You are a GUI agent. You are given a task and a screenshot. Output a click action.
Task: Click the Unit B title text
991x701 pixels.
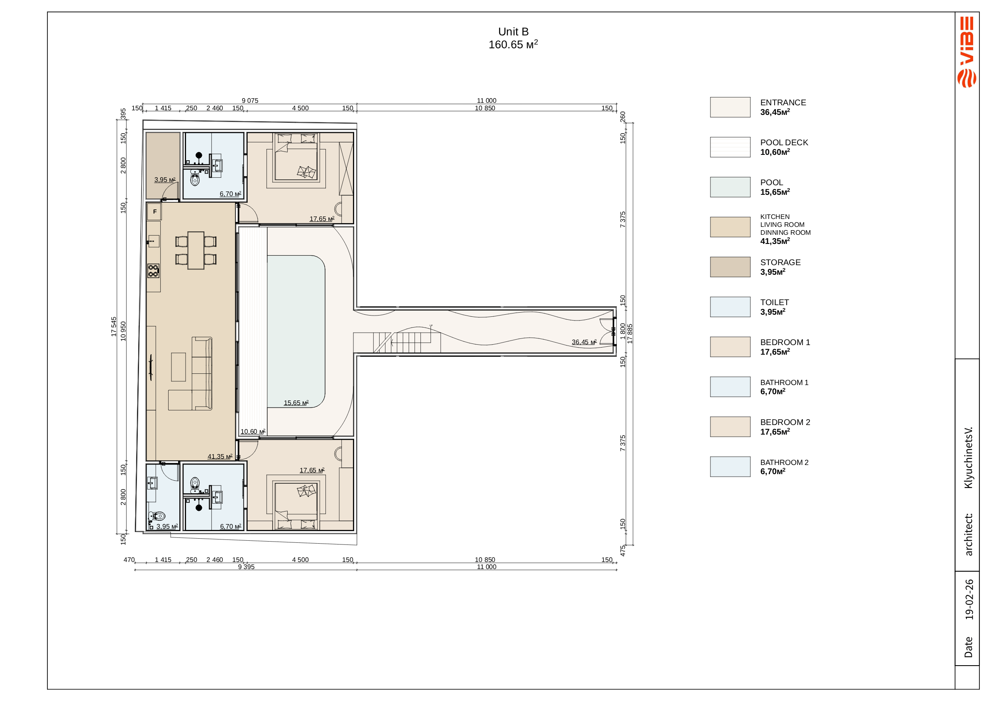[513, 32]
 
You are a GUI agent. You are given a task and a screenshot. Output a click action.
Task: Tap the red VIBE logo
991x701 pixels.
[967, 52]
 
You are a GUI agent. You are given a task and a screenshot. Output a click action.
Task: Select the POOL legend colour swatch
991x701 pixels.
[730, 187]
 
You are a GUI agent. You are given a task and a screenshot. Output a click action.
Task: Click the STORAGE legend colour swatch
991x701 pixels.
[730, 267]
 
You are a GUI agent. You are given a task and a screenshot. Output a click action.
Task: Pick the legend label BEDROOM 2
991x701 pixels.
[785, 422]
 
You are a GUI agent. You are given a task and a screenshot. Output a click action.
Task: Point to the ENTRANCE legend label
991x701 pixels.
[783, 102]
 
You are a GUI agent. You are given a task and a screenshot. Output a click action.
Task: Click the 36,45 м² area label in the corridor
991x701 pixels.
[584, 342]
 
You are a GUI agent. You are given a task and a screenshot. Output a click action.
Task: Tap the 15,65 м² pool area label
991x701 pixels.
[296, 403]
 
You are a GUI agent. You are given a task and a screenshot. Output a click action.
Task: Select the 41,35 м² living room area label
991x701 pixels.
[220, 456]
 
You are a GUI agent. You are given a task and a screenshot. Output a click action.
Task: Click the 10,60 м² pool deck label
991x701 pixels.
[253, 431]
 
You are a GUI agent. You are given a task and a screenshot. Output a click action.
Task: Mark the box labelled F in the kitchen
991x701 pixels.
[154, 211]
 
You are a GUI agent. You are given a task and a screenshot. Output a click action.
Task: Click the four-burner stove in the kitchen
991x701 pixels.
[153, 271]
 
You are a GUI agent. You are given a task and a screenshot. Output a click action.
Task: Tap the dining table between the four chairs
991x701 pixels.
[196, 250]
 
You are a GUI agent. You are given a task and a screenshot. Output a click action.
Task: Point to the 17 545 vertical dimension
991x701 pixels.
[114, 327]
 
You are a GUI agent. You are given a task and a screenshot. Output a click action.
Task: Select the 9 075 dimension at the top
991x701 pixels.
[250, 101]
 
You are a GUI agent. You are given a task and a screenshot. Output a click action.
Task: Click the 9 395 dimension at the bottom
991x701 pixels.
[246, 567]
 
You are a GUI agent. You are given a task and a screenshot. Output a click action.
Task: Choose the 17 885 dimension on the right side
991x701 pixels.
[630, 334]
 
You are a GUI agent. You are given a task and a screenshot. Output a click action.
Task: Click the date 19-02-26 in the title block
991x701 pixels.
[969, 599]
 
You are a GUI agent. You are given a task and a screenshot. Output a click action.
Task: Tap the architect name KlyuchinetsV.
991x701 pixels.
[969, 458]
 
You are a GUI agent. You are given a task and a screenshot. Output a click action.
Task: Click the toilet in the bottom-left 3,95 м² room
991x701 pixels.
[158, 516]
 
